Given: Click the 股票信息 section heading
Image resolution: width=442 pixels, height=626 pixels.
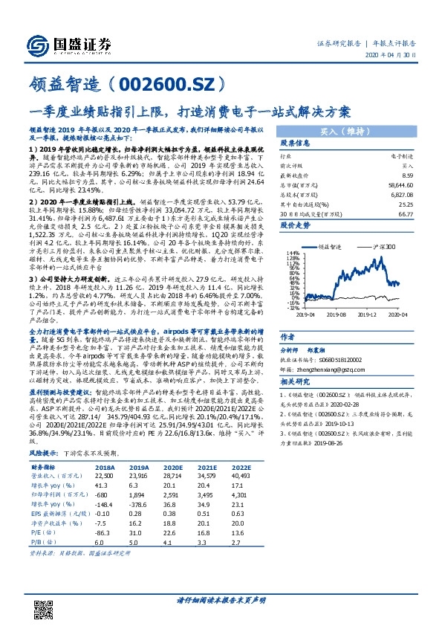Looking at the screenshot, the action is (x=295, y=143).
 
